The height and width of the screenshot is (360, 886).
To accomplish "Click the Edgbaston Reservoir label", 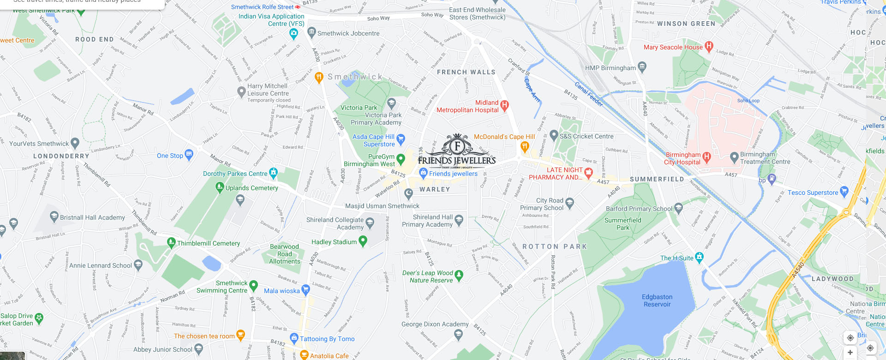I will [657, 300].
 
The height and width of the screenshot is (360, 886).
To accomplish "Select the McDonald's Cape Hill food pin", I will [525, 147].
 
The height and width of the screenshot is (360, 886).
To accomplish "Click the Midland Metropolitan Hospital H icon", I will [505, 106].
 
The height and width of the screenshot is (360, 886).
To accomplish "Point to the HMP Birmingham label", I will [610, 68].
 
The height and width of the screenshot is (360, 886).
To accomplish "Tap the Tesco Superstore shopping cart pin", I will [844, 191].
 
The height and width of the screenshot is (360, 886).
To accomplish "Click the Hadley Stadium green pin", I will [363, 240].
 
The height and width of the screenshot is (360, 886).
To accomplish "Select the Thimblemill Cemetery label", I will [209, 243].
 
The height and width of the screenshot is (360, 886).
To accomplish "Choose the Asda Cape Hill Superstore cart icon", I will [401, 138].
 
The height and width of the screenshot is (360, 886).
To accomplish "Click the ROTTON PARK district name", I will [554, 246].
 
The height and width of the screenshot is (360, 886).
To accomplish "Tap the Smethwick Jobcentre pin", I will [311, 33].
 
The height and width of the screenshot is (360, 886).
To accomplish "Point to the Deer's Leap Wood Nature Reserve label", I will [428, 276].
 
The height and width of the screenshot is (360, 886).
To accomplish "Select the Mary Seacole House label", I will [673, 47].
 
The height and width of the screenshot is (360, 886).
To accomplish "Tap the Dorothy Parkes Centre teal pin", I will [274, 173].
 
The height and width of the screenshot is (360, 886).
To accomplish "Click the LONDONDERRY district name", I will [61, 156].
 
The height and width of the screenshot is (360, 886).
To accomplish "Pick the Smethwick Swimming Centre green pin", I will [253, 286].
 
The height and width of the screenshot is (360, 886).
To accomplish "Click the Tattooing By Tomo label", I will [327, 339].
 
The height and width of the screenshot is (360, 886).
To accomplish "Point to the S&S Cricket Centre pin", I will [554, 135].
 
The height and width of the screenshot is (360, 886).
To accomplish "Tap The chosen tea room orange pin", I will [240, 335].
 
